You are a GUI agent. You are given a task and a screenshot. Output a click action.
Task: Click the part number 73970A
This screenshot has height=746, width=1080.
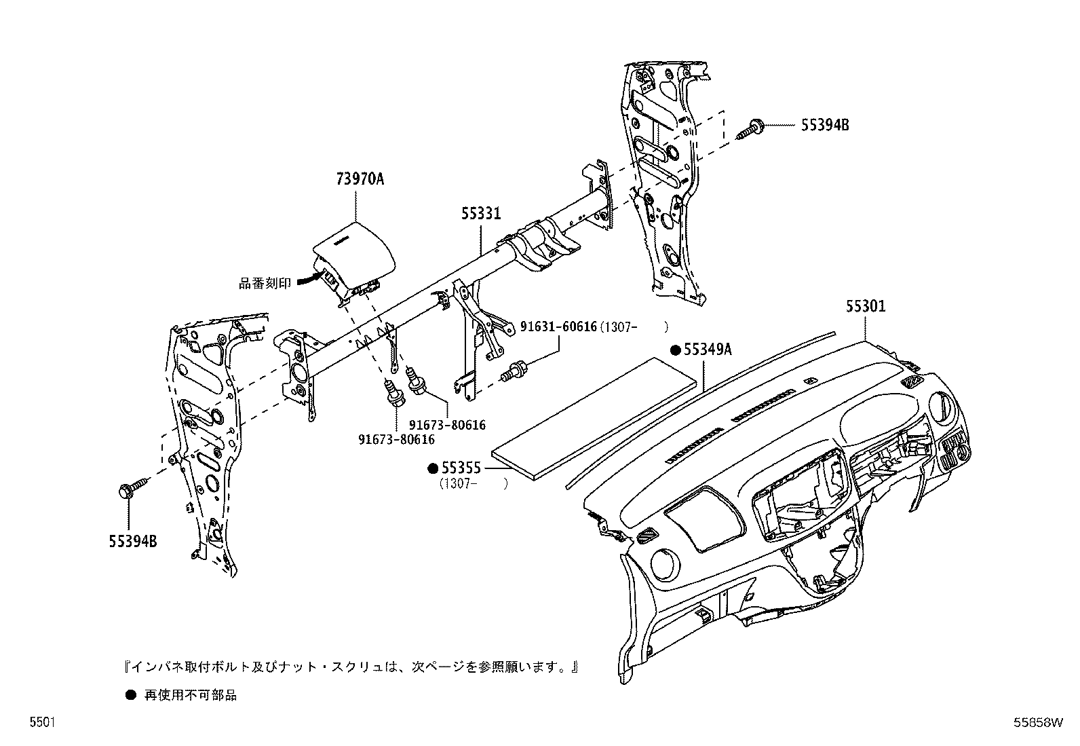[360, 179]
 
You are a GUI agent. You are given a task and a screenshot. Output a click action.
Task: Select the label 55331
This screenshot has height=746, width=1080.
[481, 212]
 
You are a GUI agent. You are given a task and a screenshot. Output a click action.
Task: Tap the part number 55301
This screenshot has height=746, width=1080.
[866, 306]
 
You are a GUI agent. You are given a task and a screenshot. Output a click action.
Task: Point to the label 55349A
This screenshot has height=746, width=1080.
[708, 350]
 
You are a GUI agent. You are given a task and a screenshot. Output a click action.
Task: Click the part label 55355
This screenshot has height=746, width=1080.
[461, 468]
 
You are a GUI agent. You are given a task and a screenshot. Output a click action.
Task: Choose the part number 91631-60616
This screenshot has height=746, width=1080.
[558, 327]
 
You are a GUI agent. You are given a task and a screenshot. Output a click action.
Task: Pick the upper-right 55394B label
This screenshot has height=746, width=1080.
[825, 125]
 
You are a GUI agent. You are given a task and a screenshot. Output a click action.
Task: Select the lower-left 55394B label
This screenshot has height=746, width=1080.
[132, 541]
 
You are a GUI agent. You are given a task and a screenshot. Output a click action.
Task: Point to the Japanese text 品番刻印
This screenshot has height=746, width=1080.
[265, 283]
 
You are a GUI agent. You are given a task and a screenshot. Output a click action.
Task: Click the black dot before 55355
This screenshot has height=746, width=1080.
[433, 468]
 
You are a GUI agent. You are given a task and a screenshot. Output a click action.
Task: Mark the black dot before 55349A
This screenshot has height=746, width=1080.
[676, 350]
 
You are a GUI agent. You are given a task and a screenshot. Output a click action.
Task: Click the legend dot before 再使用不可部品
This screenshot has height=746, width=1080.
[131, 695]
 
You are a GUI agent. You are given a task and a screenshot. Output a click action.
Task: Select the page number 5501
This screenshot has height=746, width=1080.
[43, 722]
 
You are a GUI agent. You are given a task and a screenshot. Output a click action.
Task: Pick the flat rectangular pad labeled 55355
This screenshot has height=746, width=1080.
[595, 419]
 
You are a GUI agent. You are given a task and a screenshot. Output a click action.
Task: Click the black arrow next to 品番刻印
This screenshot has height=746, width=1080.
[309, 280]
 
